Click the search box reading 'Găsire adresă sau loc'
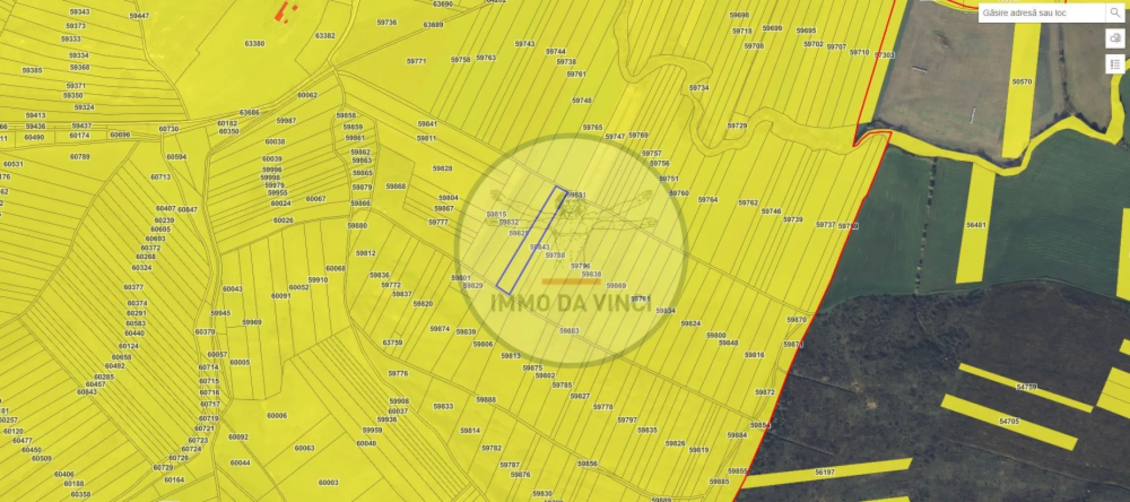(1041, 13)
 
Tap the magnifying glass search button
(1115, 13)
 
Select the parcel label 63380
(254, 44)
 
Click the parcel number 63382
(325, 36)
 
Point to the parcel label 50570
(1022, 82)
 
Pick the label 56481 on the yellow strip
(976, 225)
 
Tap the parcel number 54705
(1009, 421)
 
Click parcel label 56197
(824, 472)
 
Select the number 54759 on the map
(1026, 387)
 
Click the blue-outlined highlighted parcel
(532, 240)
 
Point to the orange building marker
(284, 11)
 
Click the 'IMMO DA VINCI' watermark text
(571, 303)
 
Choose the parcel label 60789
(80, 157)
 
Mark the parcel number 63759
(392, 342)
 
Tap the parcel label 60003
(328, 482)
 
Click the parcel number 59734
(698, 88)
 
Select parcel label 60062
(307, 95)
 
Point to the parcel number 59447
(139, 16)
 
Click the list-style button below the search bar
(1115, 64)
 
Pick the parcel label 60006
(277, 416)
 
